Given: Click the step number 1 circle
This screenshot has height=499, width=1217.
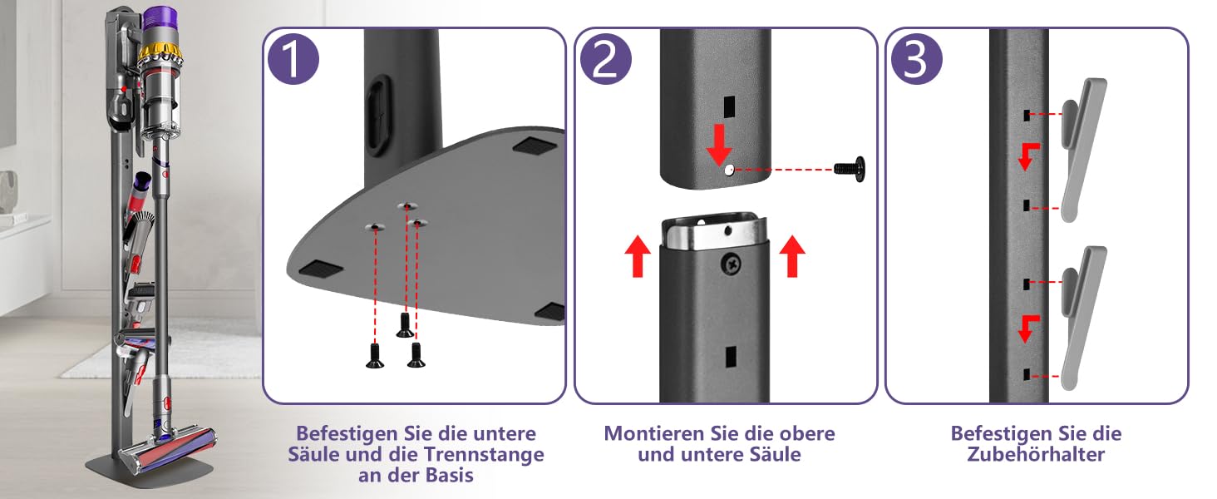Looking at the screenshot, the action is [x=293, y=59].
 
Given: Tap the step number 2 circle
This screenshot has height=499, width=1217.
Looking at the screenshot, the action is [x=605, y=59].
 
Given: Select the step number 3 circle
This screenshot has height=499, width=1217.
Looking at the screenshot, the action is [x=917, y=59].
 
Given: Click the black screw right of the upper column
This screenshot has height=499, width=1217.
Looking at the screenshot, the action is [x=850, y=169].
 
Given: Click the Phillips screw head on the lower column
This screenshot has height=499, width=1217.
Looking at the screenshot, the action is [x=732, y=264].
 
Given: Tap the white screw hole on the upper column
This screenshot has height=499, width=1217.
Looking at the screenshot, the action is [x=728, y=170].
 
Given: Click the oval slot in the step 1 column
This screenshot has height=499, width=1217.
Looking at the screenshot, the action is [x=378, y=116].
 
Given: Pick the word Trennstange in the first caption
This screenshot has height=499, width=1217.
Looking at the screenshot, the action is [x=484, y=454].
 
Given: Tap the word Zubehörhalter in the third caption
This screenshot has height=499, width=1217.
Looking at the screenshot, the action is [x=1036, y=454].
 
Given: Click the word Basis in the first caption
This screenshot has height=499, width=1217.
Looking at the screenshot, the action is [x=449, y=475].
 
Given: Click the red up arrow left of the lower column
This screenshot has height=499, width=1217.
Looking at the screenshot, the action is [x=638, y=256].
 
